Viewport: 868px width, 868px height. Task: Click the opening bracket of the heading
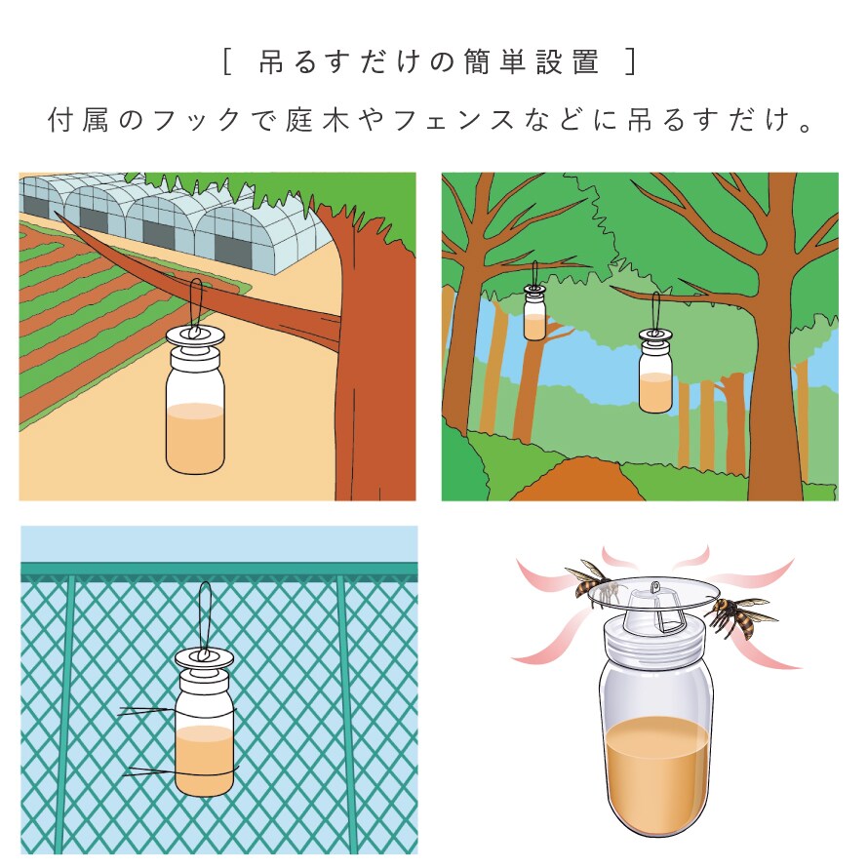click(x=226, y=61)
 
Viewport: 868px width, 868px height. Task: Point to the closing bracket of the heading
click(x=630, y=61)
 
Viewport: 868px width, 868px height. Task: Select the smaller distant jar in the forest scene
click(x=534, y=312)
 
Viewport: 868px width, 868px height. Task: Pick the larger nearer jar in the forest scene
click(x=655, y=370)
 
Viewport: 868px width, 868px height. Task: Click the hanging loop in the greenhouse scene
click(x=196, y=307)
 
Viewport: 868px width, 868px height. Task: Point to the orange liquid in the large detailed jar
click(x=657, y=773)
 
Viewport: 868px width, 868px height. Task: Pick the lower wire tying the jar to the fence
click(x=179, y=771)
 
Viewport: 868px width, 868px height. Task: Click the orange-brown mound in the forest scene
click(x=578, y=480)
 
